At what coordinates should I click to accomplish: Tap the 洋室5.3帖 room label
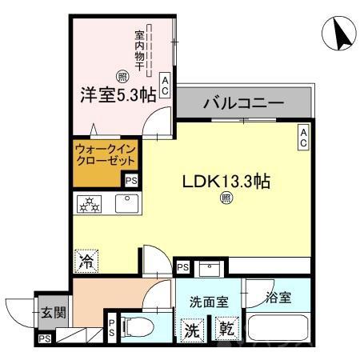[x=118, y=94]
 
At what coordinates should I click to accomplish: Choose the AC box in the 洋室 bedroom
[x=165, y=86]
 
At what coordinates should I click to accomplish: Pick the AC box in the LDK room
[x=304, y=137]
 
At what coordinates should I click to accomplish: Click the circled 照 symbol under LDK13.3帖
[x=226, y=199]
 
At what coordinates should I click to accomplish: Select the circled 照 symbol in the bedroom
[x=122, y=77]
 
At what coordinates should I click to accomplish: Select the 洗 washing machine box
[x=194, y=328]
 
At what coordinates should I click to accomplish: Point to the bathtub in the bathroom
[x=280, y=328]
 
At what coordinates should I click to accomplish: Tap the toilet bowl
[x=141, y=327]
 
